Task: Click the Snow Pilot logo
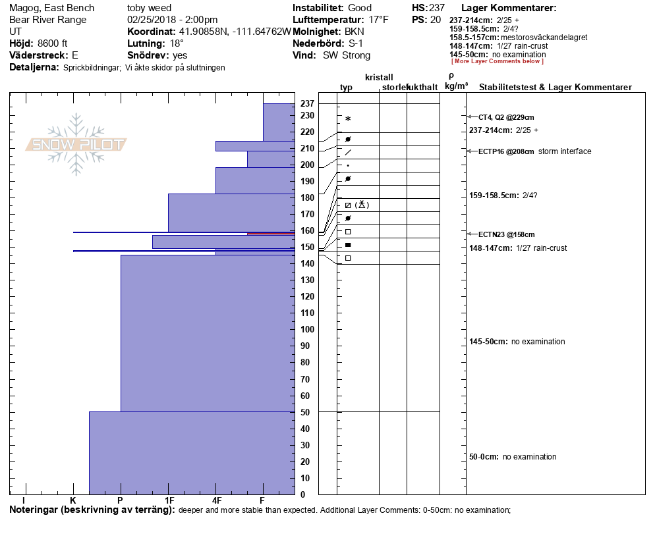(x=76, y=145)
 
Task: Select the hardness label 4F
(x=216, y=500)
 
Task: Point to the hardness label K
(x=73, y=500)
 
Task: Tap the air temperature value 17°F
(x=379, y=20)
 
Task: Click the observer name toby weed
(x=149, y=8)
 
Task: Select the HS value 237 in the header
(x=437, y=8)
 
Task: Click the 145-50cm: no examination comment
(x=517, y=342)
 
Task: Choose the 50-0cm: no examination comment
(x=512, y=457)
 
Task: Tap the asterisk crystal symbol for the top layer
(x=348, y=119)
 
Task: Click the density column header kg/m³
(x=457, y=86)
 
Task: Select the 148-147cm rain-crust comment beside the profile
(x=517, y=248)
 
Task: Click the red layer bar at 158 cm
(x=271, y=233)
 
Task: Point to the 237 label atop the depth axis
(x=306, y=104)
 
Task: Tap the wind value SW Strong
(x=347, y=55)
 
